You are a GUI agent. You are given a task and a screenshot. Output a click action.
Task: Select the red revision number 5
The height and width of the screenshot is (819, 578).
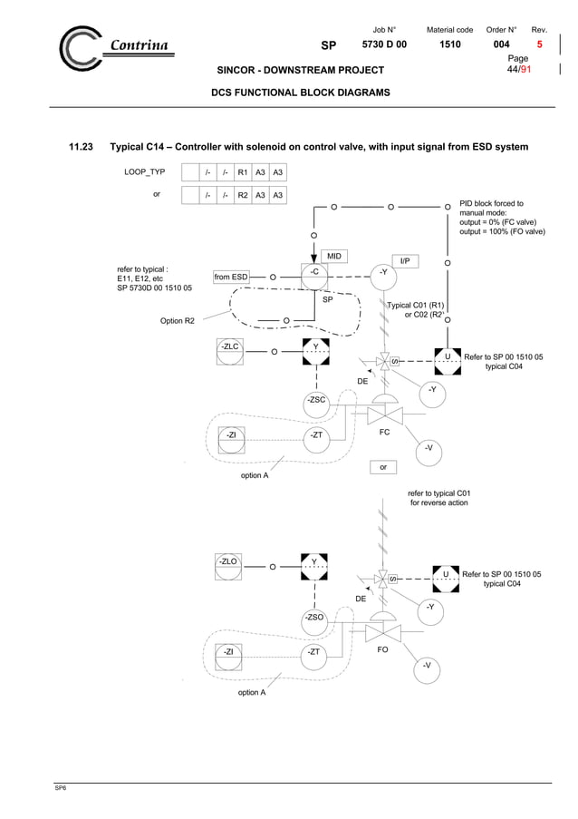point(540,44)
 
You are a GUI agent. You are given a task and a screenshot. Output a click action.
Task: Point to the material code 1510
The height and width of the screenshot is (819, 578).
point(449,44)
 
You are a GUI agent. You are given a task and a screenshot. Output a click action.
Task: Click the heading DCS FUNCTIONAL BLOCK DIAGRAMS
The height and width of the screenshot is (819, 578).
point(300,93)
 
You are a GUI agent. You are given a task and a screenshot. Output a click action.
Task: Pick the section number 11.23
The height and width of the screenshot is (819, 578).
point(82,147)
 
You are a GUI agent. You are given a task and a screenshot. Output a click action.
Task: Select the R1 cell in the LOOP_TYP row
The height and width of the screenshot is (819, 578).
point(243,172)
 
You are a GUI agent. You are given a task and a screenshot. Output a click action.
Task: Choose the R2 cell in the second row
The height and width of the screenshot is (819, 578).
point(243,195)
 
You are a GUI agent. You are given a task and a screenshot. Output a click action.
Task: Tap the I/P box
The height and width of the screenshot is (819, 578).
point(405,261)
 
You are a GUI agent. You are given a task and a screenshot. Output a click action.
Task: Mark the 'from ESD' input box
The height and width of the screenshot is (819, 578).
point(231,277)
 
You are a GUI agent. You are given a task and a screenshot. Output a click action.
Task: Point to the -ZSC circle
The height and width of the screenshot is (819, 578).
point(315,400)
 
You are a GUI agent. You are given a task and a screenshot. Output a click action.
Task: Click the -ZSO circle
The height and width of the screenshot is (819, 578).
point(315,618)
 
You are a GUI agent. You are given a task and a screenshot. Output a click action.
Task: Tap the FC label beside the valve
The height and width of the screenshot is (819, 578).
point(384,433)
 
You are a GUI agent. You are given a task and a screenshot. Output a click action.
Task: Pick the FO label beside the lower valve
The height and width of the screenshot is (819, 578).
point(384,649)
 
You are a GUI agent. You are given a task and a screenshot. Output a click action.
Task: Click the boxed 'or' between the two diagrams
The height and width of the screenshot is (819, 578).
point(384,468)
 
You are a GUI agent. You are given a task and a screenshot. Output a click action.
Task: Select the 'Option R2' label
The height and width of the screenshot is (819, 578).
point(177,320)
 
